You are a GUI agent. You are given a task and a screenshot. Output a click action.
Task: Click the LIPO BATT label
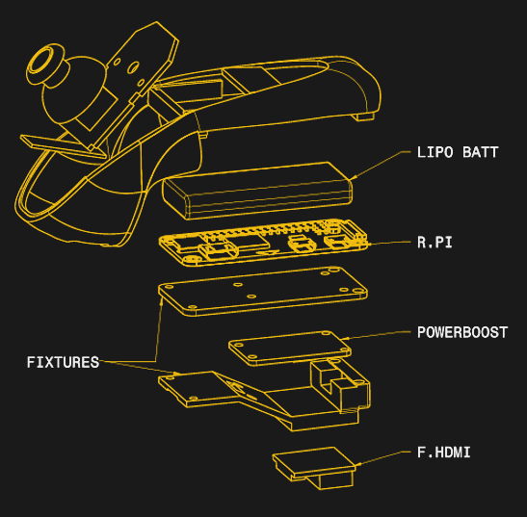tap(458, 152)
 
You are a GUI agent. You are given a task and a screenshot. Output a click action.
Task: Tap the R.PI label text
tap(435, 244)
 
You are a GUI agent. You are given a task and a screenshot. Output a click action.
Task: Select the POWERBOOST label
tap(461, 333)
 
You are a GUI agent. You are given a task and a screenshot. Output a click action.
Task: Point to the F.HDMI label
tap(443, 452)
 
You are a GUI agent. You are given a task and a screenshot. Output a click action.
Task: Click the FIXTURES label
tap(63, 363)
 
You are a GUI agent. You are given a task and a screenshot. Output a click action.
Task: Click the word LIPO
tap(435, 152)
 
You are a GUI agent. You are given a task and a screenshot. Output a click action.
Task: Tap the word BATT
tap(481, 152)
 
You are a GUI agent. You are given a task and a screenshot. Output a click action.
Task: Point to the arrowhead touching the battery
tap(352, 176)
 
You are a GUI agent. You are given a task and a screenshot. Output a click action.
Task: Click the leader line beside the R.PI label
tap(390, 243)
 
